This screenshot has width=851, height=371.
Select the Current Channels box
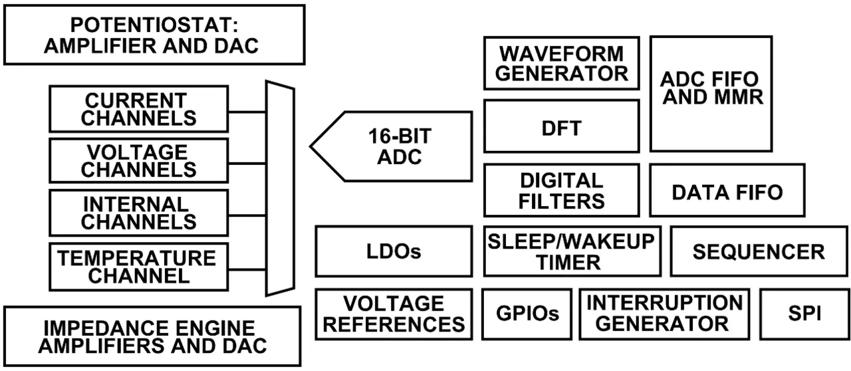point(139,109)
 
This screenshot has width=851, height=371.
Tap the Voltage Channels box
point(139,161)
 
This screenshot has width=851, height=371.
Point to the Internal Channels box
point(139,213)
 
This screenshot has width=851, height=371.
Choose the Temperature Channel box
point(139,266)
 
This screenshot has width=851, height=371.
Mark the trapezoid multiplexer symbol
point(279,188)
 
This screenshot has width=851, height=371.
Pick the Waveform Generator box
point(562,63)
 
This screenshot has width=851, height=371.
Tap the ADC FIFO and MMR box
point(711,94)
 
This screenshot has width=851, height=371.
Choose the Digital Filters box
point(562,190)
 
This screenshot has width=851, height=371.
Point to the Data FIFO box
point(727,191)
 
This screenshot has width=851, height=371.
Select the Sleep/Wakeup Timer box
point(571,251)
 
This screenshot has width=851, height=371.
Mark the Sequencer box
point(758,251)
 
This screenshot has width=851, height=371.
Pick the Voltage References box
point(394,314)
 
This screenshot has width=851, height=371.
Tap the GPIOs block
point(527,314)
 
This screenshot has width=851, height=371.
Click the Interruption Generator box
point(665,314)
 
